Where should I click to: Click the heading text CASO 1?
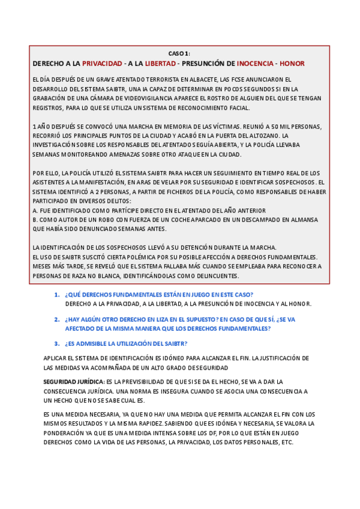[x=178, y=53]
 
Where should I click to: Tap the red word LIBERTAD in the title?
[x=160, y=63]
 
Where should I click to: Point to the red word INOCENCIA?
[x=256, y=63]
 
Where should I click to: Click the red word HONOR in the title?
[x=292, y=63]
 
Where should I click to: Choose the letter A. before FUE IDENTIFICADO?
[x=35, y=210]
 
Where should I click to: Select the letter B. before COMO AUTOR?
[x=35, y=220]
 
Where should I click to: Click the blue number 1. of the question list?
[x=57, y=294]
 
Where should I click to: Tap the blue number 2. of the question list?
[x=57, y=319]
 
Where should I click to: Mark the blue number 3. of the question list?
[x=57, y=343]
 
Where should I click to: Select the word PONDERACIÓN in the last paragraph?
[x=70, y=433]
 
